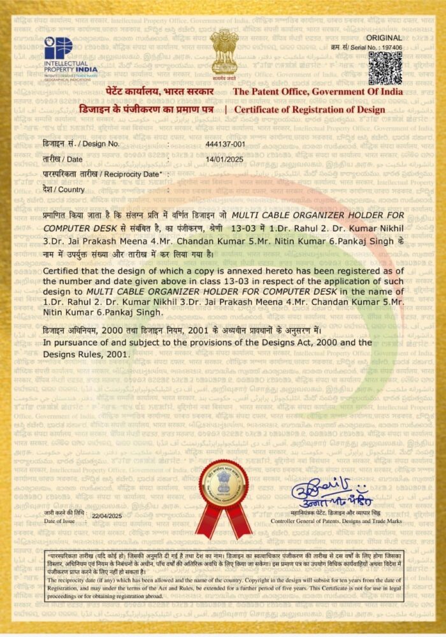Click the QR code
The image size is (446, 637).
coord(386,68)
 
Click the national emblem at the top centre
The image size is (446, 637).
coord(224,52)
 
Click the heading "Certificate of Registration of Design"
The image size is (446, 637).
coord(310,110)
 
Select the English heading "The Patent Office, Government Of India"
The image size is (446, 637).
coord(318,92)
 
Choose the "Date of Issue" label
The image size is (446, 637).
coord(59,521)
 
